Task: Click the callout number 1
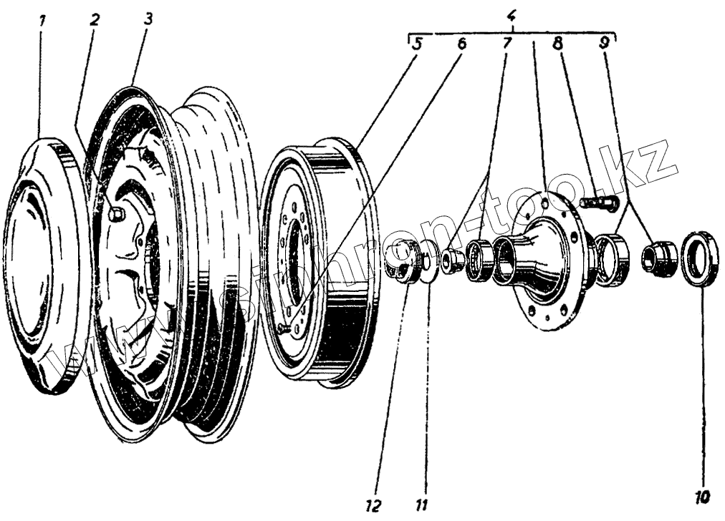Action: point(42,21)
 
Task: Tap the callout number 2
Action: point(94,19)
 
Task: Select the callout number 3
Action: point(147,19)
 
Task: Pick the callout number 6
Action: point(461,43)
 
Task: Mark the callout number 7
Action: point(506,43)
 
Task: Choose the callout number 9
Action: point(605,43)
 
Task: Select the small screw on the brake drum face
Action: point(285,328)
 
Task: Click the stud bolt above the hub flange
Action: point(597,203)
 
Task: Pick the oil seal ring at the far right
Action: point(699,258)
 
